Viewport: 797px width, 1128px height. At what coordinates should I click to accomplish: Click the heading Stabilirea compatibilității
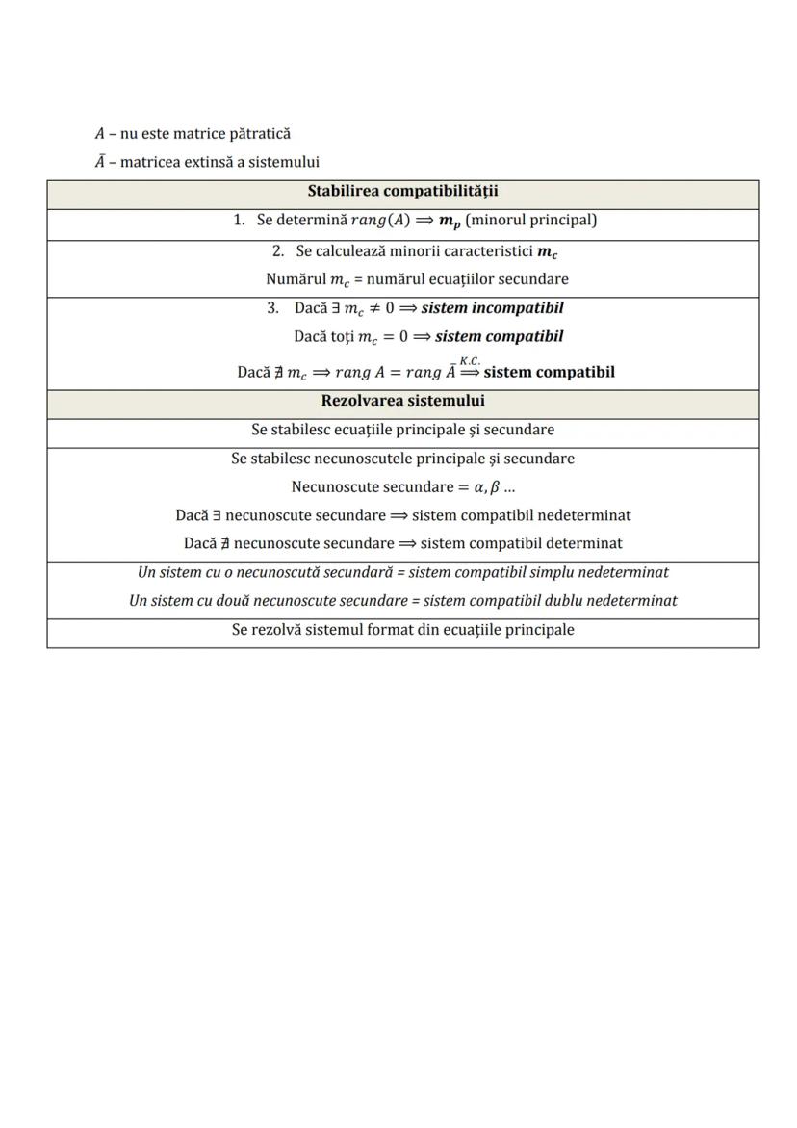(402, 192)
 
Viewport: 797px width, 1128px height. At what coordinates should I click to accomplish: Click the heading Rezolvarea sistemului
(402, 400)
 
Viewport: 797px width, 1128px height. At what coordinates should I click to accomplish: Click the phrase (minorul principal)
(530, 220)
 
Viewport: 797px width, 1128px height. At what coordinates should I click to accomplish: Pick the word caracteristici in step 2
(480, 250)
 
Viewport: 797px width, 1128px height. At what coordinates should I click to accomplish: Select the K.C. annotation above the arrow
(470, 359)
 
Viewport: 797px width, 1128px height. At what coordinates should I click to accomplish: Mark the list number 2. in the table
(278, 250)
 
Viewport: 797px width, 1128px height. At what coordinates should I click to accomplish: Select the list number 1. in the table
(240, 220)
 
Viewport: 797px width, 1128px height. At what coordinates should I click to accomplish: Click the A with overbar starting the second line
(99, 162)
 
